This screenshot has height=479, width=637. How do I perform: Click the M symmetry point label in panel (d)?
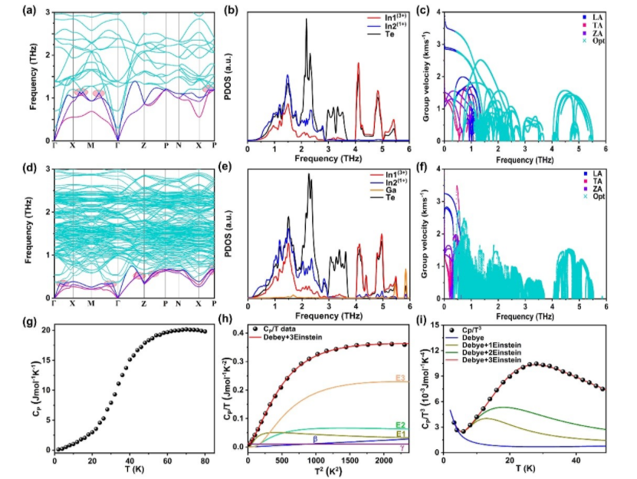(90, 304)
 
